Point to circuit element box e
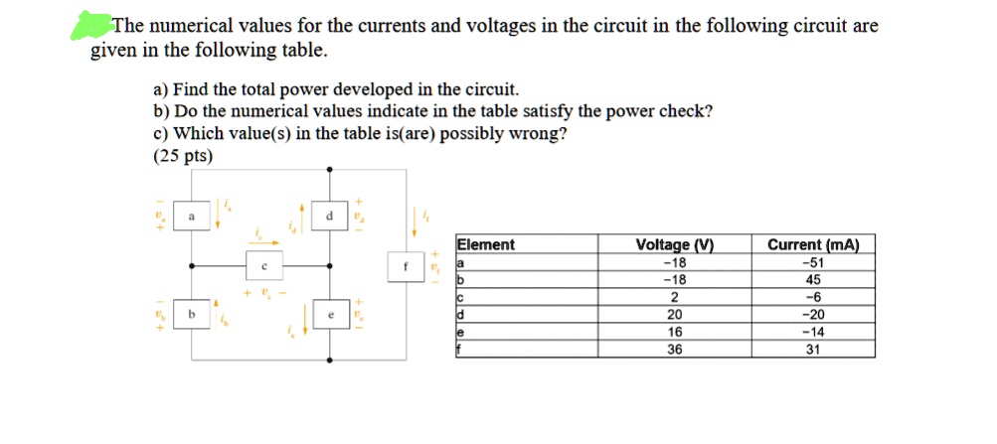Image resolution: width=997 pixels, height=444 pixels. click(329, 315)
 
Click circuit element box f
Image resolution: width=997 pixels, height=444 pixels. click(406, 266)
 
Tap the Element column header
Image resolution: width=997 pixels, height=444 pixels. click(486, 245)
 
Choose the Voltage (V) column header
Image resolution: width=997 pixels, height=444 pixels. click(674, 245)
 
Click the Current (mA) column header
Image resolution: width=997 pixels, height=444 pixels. click(813, 245)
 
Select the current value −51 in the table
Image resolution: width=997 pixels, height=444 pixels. click(813, 262)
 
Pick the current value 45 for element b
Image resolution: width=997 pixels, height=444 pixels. click(813, 279)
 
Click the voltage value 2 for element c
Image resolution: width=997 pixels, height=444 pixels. click(674, 297)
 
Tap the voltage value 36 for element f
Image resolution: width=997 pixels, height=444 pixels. click(674, 349)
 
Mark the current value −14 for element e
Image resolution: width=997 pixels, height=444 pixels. click(813, 332)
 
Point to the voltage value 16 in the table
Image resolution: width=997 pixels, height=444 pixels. click(674, 332)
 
